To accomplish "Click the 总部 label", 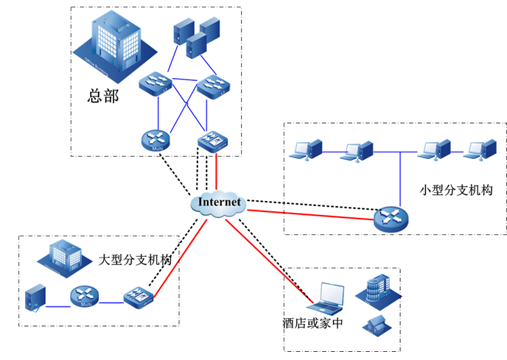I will [102, 96].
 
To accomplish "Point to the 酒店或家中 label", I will [312, 322].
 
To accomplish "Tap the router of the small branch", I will [390, 218].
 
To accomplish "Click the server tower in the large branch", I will [35, 297].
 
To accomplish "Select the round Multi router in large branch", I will [85, 297].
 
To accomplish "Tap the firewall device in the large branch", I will [138, 297].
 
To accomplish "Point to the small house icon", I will [376, 324].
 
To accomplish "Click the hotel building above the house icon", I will [376, 289].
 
